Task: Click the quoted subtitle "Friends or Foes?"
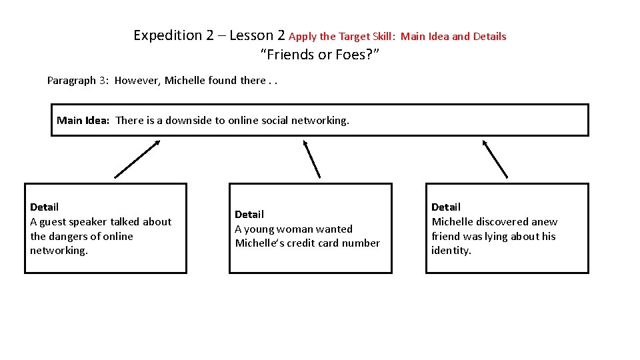coord(319,55)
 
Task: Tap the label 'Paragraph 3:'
coord(78,81)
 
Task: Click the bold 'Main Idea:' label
coord(83,121)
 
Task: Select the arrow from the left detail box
coord(137,159)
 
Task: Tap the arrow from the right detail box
coord(495,159)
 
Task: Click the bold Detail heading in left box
coord(44,207)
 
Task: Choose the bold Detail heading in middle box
coord(249,215)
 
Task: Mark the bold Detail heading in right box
coord(446,207)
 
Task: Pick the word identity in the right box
coord(451,251)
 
